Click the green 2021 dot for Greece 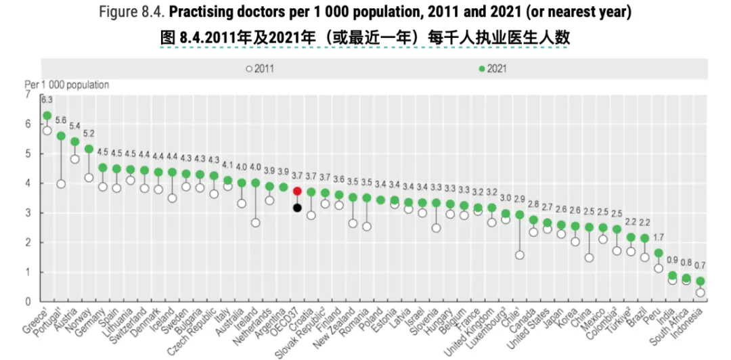(x=47, y=116)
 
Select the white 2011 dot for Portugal (x=61, y=183)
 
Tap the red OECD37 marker (x=297, y=192)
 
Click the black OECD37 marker (x=297, y=208)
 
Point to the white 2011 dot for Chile (x=520, y=255)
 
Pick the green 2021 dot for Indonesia (x=701, y=281)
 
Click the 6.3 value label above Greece (x=47, y=99)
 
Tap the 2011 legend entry (x=261, y=68)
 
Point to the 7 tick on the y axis (x=28, y=95)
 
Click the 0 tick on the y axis (x=28, y=302)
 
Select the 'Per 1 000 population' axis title (x=67, y=85)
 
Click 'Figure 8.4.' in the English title (x=131, y=12)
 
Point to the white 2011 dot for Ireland (x=255, y=223)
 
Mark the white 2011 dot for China (x=589, y=258)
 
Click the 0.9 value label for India (x=671, y=261)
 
